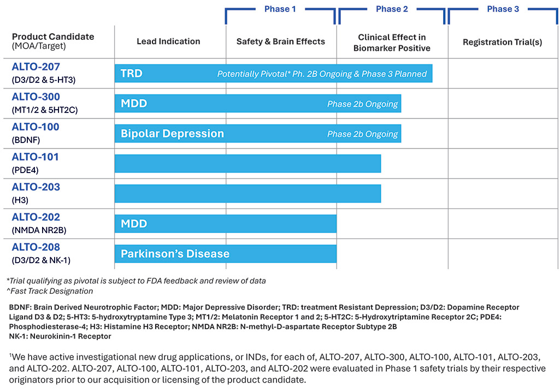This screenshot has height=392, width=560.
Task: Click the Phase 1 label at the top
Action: (280, 9)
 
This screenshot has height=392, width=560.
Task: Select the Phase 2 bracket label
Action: (392, 9)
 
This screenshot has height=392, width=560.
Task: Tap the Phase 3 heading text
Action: (503, 9)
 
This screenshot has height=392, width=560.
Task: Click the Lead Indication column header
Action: (168, 41)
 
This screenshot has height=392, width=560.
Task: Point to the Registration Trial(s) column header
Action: (503, 42)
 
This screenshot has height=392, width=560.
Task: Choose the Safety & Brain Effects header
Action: (281, 41)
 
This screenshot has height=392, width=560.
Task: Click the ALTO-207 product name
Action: (36, 67)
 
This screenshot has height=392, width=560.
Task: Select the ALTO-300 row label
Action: (36, 97)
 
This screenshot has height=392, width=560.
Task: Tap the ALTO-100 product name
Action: (36, 127)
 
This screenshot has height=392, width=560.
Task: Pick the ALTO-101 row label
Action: (35, 157)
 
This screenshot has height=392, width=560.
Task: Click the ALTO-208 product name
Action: (36, 247)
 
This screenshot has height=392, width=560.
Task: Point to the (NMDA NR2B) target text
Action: (39, 230)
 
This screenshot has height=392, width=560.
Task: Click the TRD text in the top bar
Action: (132, 74)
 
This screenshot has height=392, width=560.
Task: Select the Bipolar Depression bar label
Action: (172, 134)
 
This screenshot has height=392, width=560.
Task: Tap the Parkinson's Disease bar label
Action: (175, 254)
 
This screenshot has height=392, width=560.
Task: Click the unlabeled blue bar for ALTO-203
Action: (248, 193)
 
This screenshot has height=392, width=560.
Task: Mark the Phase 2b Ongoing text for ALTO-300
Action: (362, 104)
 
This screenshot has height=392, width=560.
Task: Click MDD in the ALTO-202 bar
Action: (134, 224)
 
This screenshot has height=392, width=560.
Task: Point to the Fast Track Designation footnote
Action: (50, 291)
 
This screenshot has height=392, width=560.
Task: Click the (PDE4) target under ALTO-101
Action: (25, 170)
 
